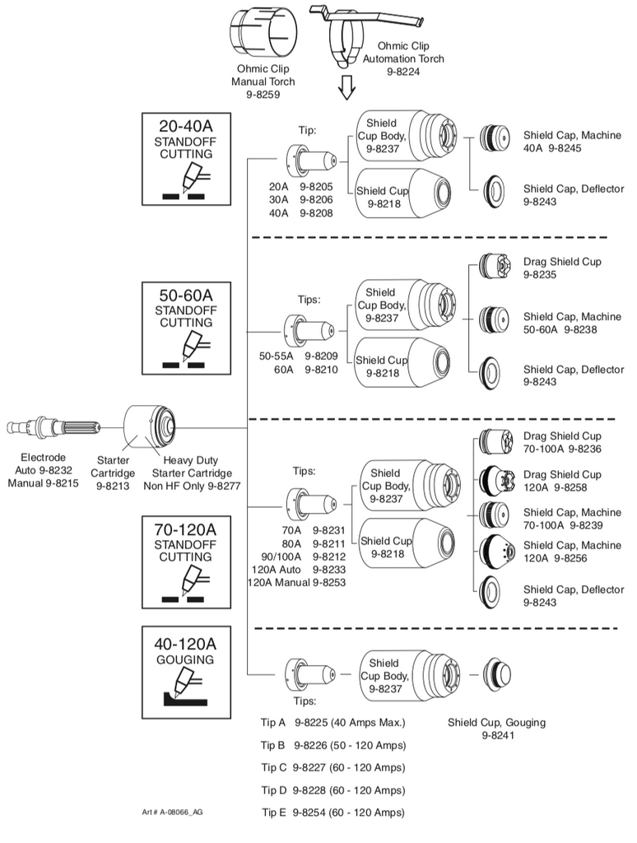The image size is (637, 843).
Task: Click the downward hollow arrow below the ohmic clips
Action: (346, 86)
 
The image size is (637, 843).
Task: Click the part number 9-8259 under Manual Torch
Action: (263, 94)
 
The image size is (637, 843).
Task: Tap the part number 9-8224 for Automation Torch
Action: (403, 72)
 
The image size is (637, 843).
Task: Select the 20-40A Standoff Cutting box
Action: (186, 159)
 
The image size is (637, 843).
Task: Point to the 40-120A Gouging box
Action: (186, 672)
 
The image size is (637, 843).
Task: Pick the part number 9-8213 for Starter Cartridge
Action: (113, 486)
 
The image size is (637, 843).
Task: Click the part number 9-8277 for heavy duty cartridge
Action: (224, 486)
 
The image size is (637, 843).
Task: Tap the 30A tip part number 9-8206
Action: (316, 199)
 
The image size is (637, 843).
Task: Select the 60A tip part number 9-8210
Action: (322, 370)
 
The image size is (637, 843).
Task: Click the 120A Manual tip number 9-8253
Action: (329, 582)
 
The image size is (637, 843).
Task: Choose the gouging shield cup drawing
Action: (496, 674)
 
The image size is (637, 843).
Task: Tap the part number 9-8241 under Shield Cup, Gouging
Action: (498, 735)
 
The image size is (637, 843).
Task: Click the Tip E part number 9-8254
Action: (309, 813)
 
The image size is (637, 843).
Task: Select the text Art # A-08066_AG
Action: (172, 812)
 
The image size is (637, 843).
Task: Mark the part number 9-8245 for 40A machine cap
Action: (565, 148)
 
